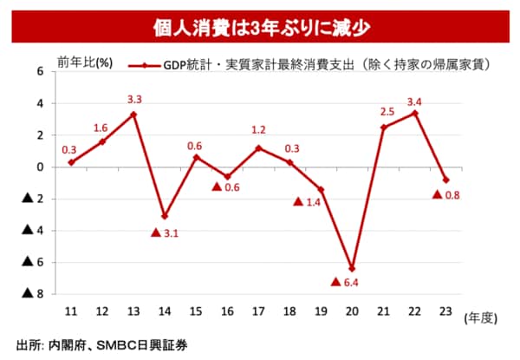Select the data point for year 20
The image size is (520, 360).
click(351, 268)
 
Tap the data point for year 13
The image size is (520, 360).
click(133, 114)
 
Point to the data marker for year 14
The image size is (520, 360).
click(164, 216)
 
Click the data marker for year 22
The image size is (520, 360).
click(414, 113)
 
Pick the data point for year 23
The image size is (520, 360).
click(445, 180)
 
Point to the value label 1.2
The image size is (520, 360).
click(258, 130)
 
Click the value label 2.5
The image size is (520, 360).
click(386, 112)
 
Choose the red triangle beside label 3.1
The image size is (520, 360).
click(155, 232)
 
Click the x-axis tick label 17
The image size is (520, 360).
click(258, 310)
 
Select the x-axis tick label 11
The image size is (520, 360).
click(70, 310)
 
